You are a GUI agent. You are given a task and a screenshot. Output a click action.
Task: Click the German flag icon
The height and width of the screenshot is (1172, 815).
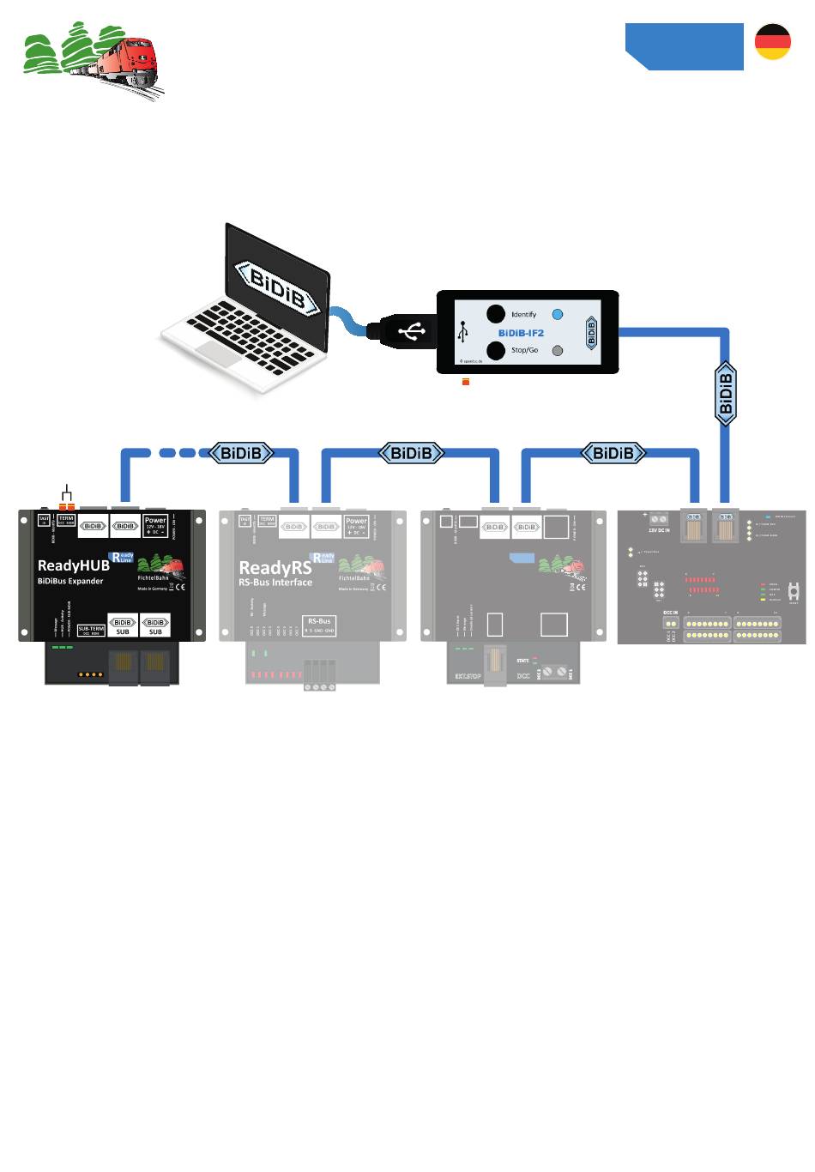772,42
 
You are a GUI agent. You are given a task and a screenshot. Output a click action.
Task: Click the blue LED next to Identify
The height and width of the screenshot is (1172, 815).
558,315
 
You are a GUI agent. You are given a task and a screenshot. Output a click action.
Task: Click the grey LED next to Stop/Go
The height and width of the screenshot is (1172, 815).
558,350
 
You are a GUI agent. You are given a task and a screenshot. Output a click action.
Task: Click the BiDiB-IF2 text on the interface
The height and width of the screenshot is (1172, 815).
521,333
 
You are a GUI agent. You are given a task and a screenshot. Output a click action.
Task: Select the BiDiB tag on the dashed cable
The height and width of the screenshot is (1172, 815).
242,453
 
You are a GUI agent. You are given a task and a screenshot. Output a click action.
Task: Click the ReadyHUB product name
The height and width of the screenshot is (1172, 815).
74,565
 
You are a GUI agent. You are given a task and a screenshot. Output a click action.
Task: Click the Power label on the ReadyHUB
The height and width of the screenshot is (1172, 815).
155,521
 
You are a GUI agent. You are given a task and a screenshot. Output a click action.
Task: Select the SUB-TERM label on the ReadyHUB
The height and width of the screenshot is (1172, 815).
91,630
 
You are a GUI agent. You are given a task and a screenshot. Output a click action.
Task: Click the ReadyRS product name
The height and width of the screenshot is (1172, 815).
275,567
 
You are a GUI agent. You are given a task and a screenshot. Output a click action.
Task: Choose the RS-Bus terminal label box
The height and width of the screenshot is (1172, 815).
319,625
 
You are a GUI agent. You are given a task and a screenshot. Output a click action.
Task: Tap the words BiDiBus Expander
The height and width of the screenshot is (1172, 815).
70,582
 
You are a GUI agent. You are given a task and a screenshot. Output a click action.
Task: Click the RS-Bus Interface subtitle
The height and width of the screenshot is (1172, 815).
275,583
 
